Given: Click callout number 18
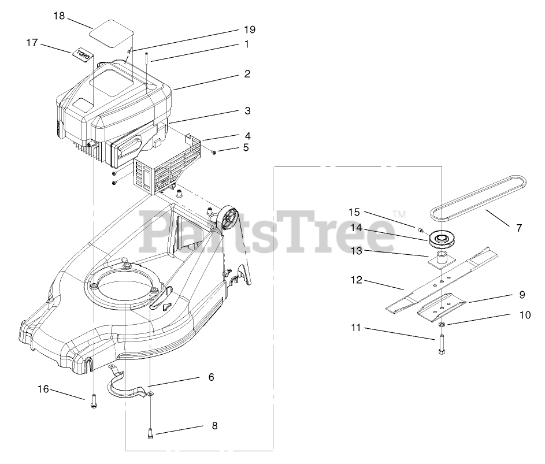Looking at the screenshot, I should tap(59, 16).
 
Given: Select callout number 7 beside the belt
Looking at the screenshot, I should tap(518, 228).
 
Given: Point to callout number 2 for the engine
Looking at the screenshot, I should tap(247, 74).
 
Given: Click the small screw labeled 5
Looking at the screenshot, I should tap(214, 152).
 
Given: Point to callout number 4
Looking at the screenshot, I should tap(247, 136).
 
